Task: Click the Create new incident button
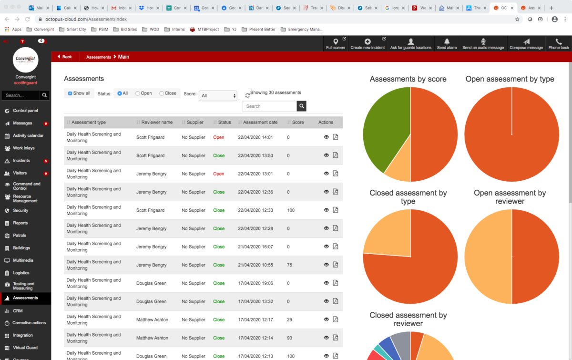tap(367, 44)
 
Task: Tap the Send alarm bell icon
tap(447, 44)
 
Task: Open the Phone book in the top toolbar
tap(558, 44)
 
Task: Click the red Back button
tap(65, 57)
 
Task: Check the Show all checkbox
tap(70, 93)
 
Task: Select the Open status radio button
tap(138, 93)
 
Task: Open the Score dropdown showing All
tap(218, 96)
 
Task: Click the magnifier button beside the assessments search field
tap(301, 106)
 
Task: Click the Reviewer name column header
tap(157, 123)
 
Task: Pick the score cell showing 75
tap(290, 265)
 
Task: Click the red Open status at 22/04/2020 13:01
tap(218, 174)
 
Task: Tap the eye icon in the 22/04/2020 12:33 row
tap(327, 210)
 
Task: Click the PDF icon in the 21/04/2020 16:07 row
tap(336, 247)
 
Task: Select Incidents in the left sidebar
tap(21, 161)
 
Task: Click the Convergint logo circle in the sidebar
tap(26, 60)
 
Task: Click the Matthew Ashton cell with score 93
tap(152, 338)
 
